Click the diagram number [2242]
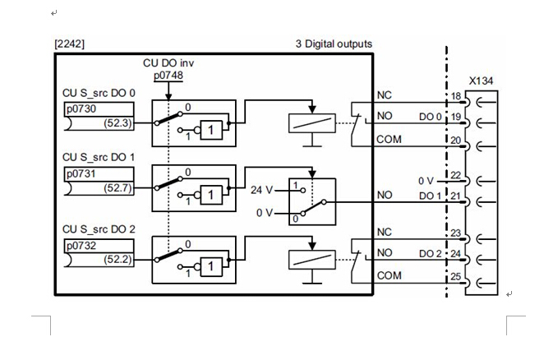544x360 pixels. (x=69, y=44)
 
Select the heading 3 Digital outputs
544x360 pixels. (x=334, y=44)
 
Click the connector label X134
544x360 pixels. (x=481, y=82)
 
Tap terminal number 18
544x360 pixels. (x=455, y=97)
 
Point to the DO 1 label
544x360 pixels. (x=430, y=196)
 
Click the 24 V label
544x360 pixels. (x=262, y=189)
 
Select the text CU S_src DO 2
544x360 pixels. (x=98, y=228)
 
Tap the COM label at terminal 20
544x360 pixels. (x=388, y=140)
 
